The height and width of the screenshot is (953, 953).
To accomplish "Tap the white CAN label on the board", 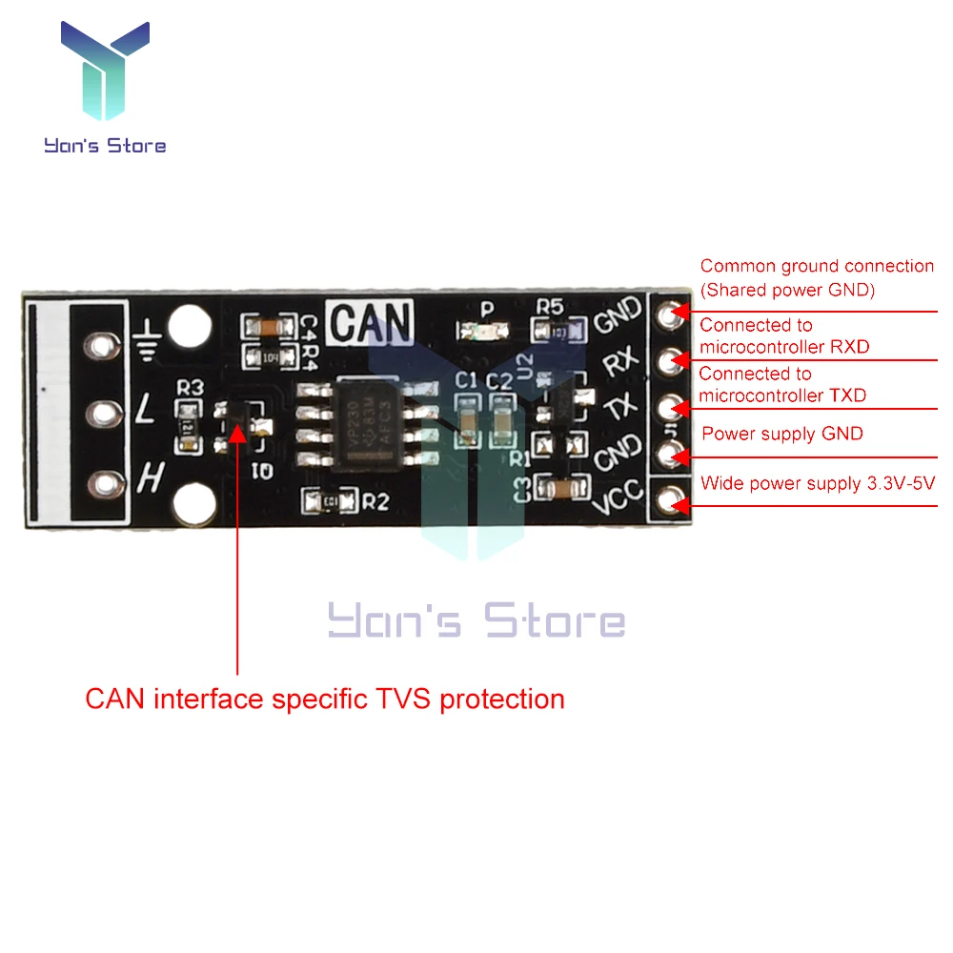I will (x=372, y=321).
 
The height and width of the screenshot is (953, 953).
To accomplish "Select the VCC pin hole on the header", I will (x=676, y=499).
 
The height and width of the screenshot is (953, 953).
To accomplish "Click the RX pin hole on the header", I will (x=676, y=359).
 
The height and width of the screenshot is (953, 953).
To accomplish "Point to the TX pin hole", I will (x=676, y=408).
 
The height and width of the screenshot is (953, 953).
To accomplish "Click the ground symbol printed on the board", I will (x=146, y=340).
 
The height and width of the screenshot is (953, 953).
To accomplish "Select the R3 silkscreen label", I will (x=191, y=388).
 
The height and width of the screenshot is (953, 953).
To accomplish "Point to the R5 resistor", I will (x=551, y=331).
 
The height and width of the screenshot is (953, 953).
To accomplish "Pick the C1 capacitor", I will (x=468, y=420).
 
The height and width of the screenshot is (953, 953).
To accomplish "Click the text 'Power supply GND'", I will (x=781, y=435).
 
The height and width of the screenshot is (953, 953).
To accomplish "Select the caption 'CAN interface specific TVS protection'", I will (x=325, y=699).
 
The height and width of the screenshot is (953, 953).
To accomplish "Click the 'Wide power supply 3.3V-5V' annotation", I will (x=818, y=483).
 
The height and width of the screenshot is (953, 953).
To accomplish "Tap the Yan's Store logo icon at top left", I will (x=105, y=71).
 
